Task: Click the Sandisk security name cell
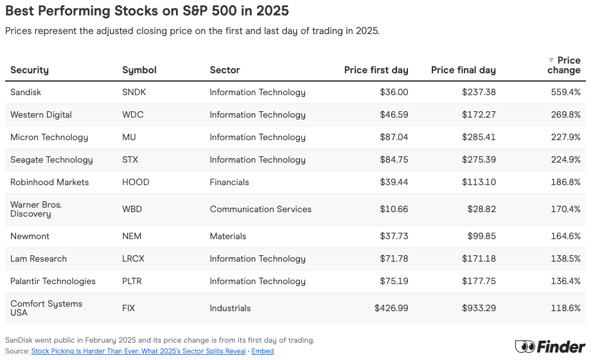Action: point(26,92)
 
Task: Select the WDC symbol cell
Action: point(133,114)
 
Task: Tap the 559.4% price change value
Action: point(566,92)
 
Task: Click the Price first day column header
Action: point(376,70)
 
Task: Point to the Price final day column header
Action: point(463,70)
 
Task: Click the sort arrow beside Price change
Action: point(551,60)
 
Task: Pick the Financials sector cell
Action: point(229,182)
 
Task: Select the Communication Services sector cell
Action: point(260,209)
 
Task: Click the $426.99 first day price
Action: point(391,308)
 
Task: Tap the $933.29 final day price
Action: point(479,308)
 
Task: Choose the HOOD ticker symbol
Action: point(136,182)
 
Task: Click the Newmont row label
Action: point(30,236)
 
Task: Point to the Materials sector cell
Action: point(228,236)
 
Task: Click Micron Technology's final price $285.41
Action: point(479,137)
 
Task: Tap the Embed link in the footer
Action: point(262,351)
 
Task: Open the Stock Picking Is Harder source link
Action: point(138,351)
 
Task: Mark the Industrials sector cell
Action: point(230,308)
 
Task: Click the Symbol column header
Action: point(139,70)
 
